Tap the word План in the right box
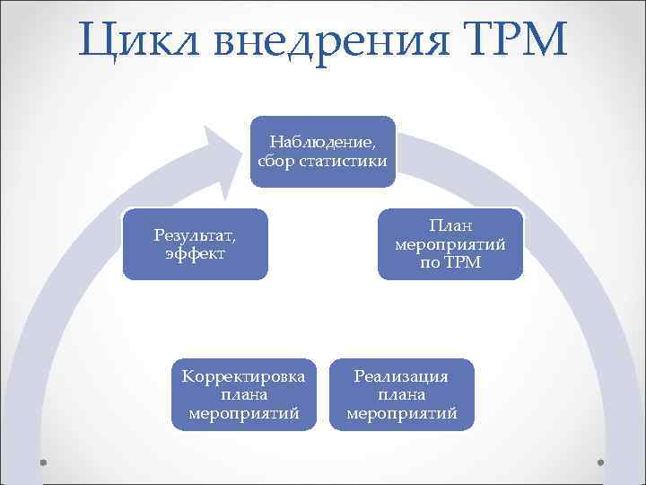pyautogui.click(x=450, y=225)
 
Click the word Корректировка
pyautogui.click(x=243, y=376)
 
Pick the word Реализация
pyautogui.click(x=401, y=376)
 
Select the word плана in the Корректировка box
pyautogui.click(x=243, y=395)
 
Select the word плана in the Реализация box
pyautogui.click(x=401, y=395)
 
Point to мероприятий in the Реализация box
pyautogui.click(x=401, y=414)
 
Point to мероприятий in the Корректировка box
pyautogui.click(x=243, y=414)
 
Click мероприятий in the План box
pyautogui.click(x=450, y=244)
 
